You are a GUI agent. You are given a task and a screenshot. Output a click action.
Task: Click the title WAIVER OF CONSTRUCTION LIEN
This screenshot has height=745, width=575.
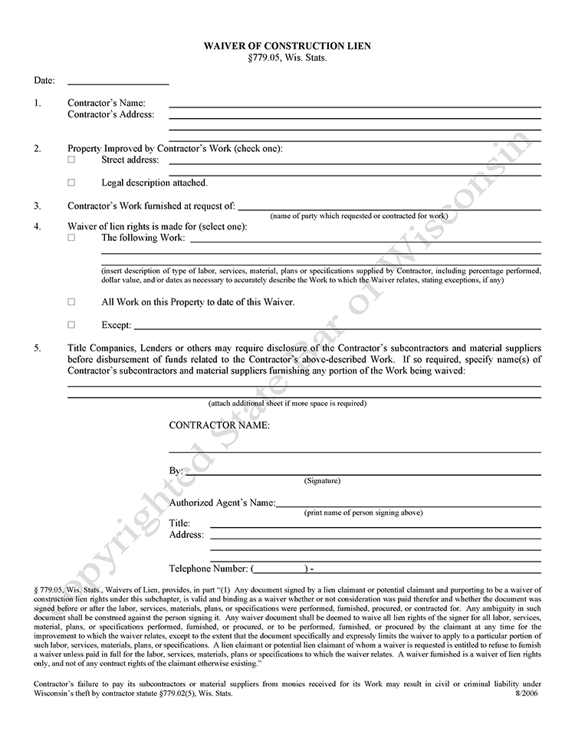pos(287,46)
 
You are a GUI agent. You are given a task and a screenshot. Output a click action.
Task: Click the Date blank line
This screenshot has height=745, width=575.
pos(118,82)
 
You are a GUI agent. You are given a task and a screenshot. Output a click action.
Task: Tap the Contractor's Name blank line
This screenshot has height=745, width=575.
pos(354,105)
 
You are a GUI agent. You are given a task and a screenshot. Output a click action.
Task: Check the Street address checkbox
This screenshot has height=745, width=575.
pos(72,160)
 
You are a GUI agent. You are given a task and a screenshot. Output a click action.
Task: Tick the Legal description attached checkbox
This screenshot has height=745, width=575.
pos(72,183)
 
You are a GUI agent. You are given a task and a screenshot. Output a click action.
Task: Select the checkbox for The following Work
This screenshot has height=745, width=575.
pos(72,239)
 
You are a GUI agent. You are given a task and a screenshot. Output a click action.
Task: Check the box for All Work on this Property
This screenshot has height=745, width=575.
pos(72,302)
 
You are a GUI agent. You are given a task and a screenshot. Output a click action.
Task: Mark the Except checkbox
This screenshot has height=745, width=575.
pos(72,325)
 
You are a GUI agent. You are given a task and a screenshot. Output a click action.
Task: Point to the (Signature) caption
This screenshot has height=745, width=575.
pos(322,481)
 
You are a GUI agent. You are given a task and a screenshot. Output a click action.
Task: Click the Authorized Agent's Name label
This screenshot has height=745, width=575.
pos(222,503)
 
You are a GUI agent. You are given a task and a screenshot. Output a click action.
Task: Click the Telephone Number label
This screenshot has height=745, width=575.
pos(209,569)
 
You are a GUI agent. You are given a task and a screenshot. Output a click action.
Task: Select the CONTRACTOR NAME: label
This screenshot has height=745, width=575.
pos(219,425)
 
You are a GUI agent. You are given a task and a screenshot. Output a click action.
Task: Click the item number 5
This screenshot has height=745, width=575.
pos(37,349)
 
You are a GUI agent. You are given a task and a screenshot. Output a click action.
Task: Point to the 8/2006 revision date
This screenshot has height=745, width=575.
pos(528,693)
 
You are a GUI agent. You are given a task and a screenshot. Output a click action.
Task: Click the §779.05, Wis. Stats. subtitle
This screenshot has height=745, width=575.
pos(287,58)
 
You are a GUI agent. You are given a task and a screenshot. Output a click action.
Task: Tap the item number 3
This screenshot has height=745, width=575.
pos(37,206)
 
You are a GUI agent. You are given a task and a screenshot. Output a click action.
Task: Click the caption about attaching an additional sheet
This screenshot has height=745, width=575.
pos(287,404)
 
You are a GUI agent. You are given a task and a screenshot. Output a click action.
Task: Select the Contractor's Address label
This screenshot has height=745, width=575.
pos(110,115)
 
